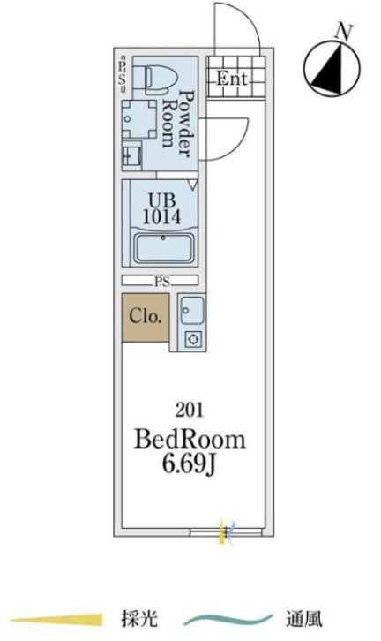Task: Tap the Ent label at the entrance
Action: [x=232, y=78]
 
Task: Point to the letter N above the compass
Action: [x=343, y=32]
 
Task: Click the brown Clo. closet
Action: [x=146, y=317]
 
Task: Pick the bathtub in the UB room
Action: [x=162, y=249]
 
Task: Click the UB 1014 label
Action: [x=161, y=208]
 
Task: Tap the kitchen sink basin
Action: [x=191, y=311]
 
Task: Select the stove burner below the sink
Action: [x=193, y=339]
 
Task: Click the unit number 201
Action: [x=189, y=410]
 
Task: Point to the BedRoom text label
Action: [x=190, y=440]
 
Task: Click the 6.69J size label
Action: [x=189, y=464]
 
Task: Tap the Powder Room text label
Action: [x=176, y=124]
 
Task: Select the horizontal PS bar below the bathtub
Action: [x=161, y=281]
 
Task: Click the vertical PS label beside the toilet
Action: [x=122, y=72]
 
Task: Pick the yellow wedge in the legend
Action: [x=57, y=620]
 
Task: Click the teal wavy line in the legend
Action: [x=228, y=620]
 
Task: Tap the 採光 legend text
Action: [x=139, y=619]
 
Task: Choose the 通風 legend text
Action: [x=304, y=619]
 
